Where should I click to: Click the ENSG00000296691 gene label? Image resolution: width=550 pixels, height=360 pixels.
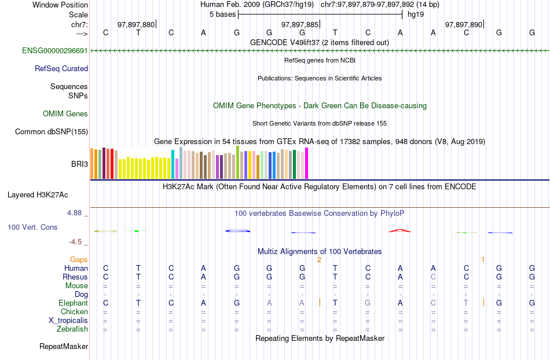coord(54,50)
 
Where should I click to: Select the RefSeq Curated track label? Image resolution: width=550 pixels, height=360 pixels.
coord(61,68)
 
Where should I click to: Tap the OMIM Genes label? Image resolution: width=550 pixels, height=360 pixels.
coord(65,114)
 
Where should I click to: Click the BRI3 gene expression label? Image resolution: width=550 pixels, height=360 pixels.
coord(80,164)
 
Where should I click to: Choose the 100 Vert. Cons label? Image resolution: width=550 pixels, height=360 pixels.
coord(32,227)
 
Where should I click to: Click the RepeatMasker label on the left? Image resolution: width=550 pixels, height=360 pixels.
coord(64,347)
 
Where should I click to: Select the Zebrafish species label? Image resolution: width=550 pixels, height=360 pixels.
coord(72,329)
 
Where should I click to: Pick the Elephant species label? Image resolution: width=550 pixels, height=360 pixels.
coord(73,303)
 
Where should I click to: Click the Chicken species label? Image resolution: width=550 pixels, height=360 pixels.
coord(74,311)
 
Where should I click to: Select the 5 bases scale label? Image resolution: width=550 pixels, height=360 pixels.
coord(222,14)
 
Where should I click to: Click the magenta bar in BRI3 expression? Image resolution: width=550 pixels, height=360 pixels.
coord(307,163)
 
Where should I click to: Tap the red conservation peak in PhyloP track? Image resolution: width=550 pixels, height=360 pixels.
coord(400,230)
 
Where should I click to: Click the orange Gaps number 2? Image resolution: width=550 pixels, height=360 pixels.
coord(319,260)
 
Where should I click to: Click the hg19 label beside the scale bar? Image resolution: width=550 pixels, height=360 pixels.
coord(415,14)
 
